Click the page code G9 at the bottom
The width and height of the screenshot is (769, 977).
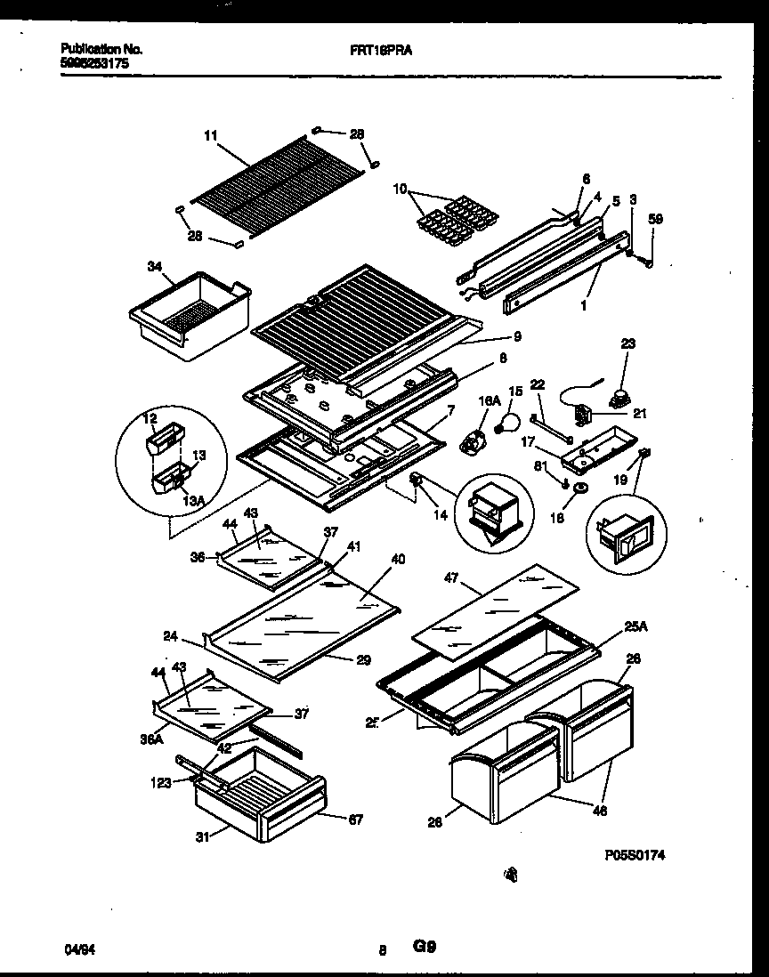424,948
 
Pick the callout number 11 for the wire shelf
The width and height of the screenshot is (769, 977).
210,136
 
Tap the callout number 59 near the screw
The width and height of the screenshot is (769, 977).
655,217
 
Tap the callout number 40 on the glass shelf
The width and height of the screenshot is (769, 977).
397,559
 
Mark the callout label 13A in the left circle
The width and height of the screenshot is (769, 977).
167,500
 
